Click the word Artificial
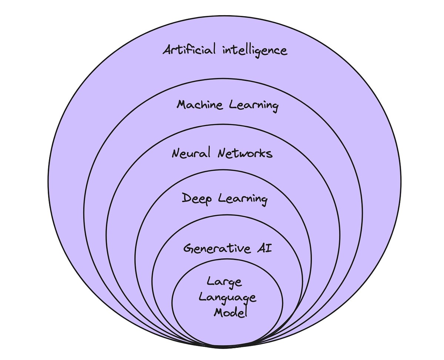(x=189, y=50)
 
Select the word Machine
(x=200, y=105)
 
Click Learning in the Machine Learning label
(x=254, y=106)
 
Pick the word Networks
(x=245, y=153)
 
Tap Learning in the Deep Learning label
(x=243, y=200)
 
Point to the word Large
(x=224, y=282)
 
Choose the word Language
(x=228, y=298)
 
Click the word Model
(x=230, y=313)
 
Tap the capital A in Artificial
(x=168, y=50)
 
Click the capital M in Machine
(x=182, y=105)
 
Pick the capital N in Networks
(x=223, y=153)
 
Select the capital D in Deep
(x=186, y=198)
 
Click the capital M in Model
(x=219, y=313)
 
